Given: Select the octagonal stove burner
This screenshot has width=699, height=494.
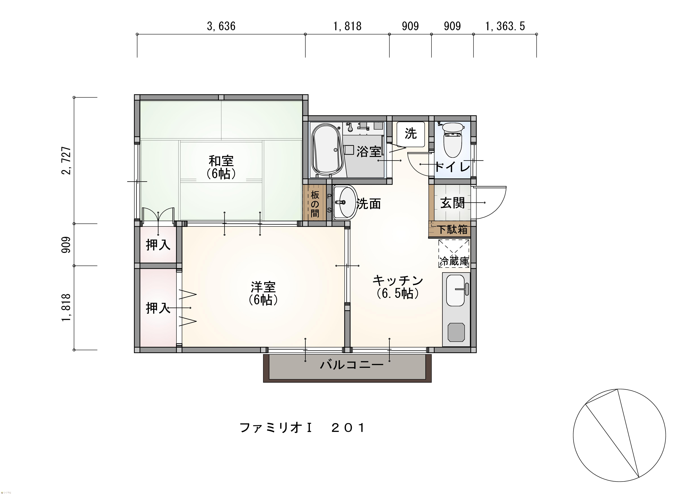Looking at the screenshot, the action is click(x=456, y=333).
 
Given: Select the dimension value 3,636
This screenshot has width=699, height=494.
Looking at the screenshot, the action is click(x=221, y=26).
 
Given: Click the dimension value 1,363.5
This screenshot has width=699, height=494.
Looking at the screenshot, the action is click(x=505, y=26).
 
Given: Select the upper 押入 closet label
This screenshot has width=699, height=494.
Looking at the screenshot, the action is click(x=158, y=245).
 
